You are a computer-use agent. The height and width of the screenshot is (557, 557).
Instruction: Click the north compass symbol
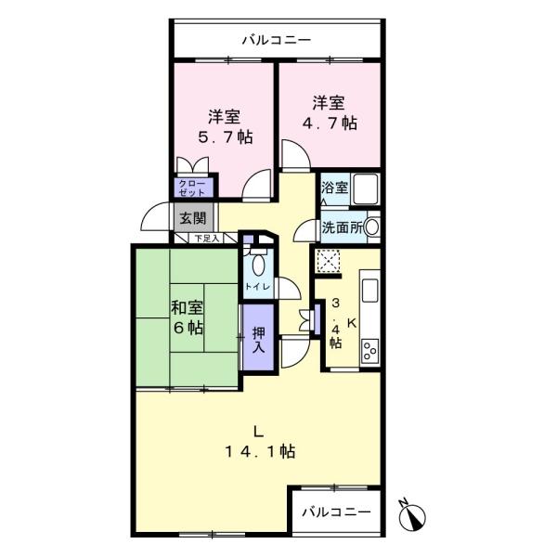411,515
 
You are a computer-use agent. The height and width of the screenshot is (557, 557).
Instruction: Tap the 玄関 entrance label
193,218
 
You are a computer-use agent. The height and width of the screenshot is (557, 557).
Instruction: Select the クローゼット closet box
193,188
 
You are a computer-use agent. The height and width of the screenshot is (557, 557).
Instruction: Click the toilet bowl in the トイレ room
258,265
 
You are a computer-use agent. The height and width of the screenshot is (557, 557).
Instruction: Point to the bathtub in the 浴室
366,188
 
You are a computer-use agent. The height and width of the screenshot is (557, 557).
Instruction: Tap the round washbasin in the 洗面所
372,227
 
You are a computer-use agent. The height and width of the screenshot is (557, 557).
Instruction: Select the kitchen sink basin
370,291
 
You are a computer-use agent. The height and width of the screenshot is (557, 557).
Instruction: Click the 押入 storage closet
258,337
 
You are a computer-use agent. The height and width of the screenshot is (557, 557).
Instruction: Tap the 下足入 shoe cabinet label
207,238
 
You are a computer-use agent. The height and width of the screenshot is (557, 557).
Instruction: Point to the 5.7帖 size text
226,137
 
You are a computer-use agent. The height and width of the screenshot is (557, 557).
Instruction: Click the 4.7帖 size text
330,123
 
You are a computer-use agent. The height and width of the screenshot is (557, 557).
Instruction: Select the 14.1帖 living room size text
260,452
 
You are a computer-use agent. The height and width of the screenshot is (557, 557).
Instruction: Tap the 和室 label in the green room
187,307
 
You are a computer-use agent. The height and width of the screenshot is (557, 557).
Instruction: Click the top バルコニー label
277,40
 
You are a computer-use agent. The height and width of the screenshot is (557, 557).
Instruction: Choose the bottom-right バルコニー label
336,512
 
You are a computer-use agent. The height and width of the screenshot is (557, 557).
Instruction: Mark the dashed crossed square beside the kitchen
328,261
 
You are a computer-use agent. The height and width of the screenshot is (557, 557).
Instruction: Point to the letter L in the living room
258,432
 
